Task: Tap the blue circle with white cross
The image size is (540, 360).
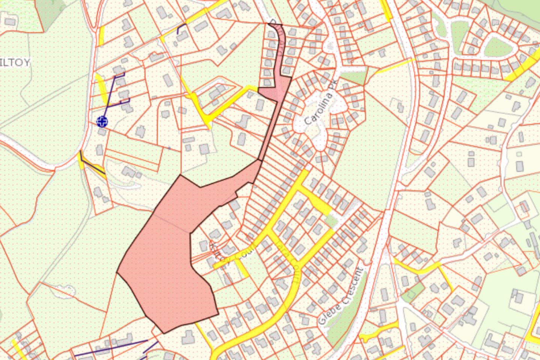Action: pos(102,121)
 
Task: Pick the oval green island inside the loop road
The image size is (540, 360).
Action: pos(498,47)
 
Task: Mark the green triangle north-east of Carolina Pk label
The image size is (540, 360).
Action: pos(354,77)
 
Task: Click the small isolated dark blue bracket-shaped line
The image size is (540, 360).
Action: pos(181,29)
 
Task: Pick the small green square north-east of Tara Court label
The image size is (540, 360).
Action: pos(331,221)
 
